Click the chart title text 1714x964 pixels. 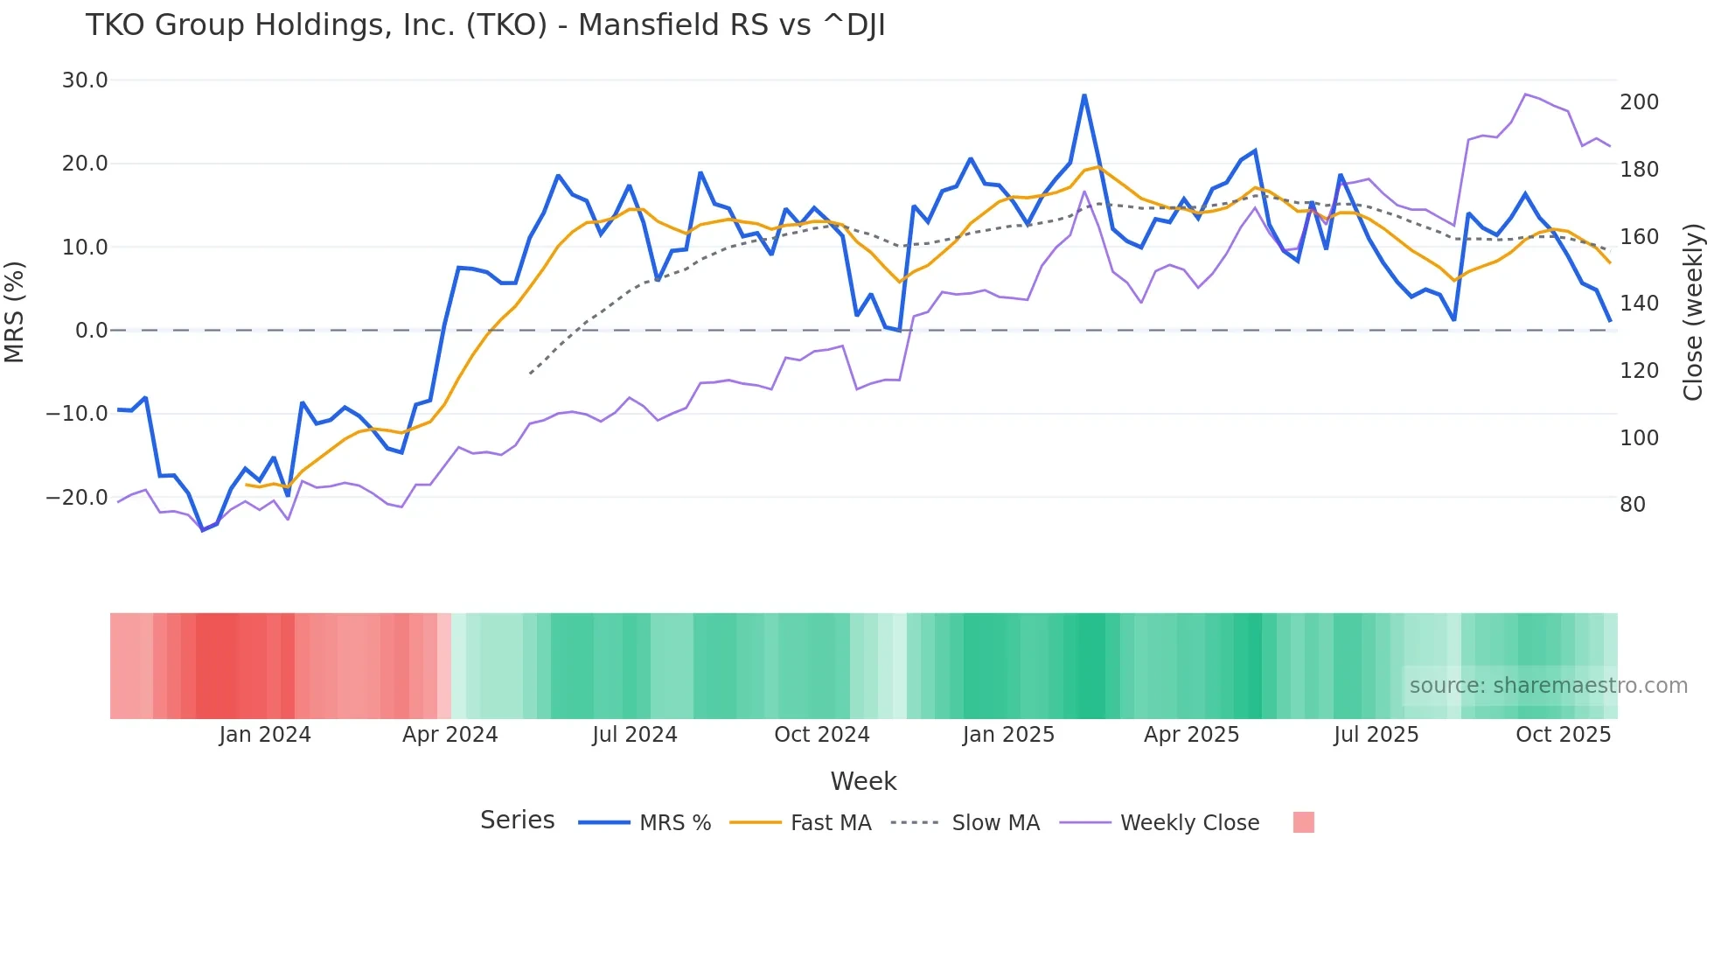(485, 25)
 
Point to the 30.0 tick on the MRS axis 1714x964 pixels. (85, 80)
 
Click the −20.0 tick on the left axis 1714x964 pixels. (77, 498)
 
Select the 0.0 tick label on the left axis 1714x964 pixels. (91, 331)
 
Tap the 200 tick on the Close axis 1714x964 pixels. (1639, 102)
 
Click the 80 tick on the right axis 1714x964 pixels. (1633, 505)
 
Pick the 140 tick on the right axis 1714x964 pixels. (1639, 304)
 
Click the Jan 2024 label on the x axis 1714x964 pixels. (265, 735)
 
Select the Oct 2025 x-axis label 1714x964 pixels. (1563, 735)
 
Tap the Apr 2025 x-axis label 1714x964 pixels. (1191, 735)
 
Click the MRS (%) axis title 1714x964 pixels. (15, 311)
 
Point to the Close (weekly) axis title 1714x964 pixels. (1693, 312)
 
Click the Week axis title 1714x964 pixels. (863, 781)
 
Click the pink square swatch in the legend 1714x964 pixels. (1303, 822)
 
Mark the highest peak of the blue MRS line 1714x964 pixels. (1084, 95)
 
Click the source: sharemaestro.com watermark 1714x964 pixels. (1548, 686)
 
